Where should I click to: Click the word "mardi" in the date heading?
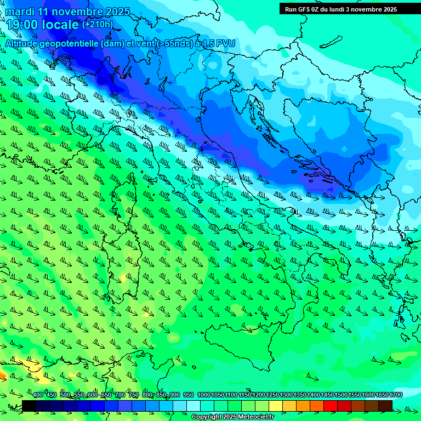pyautogui.click(x=21, y=12)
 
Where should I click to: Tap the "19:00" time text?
pyautogui.click(x=22, y=25)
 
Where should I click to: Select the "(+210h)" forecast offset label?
pyautogui.click(x=97, y=24)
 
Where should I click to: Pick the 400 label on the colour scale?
pyautogui.click(x=38, y=395)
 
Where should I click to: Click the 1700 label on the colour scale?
pyautogui.click(x=395, y=395)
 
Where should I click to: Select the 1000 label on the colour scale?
pyautogui.click(x=203, y=395)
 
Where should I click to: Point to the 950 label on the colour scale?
pyautogui.click(x=188, y=395)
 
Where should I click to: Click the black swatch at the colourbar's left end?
pyautogui.click(x=29, y=406)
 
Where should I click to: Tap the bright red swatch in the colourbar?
pyautogui.click(x=331, y=406)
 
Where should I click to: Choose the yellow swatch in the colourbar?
pyautogui.click(x=276, y=406)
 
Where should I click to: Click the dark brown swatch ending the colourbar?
pyautogui.click(x=385, y=406)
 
